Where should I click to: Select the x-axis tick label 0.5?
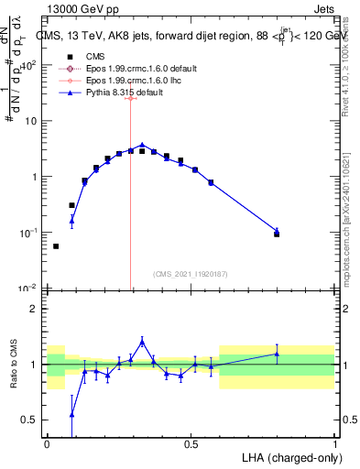(x=191, y=443)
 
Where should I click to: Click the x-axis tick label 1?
(x=334, y=443)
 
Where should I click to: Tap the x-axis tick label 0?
(x=48, y=443)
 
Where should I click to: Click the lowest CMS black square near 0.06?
(x=56, y=245)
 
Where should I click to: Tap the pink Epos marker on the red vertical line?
(x=131, y=97)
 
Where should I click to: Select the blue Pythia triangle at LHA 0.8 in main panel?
(x=277, y=230)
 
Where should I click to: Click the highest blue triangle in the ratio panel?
(x=142, y=341)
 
